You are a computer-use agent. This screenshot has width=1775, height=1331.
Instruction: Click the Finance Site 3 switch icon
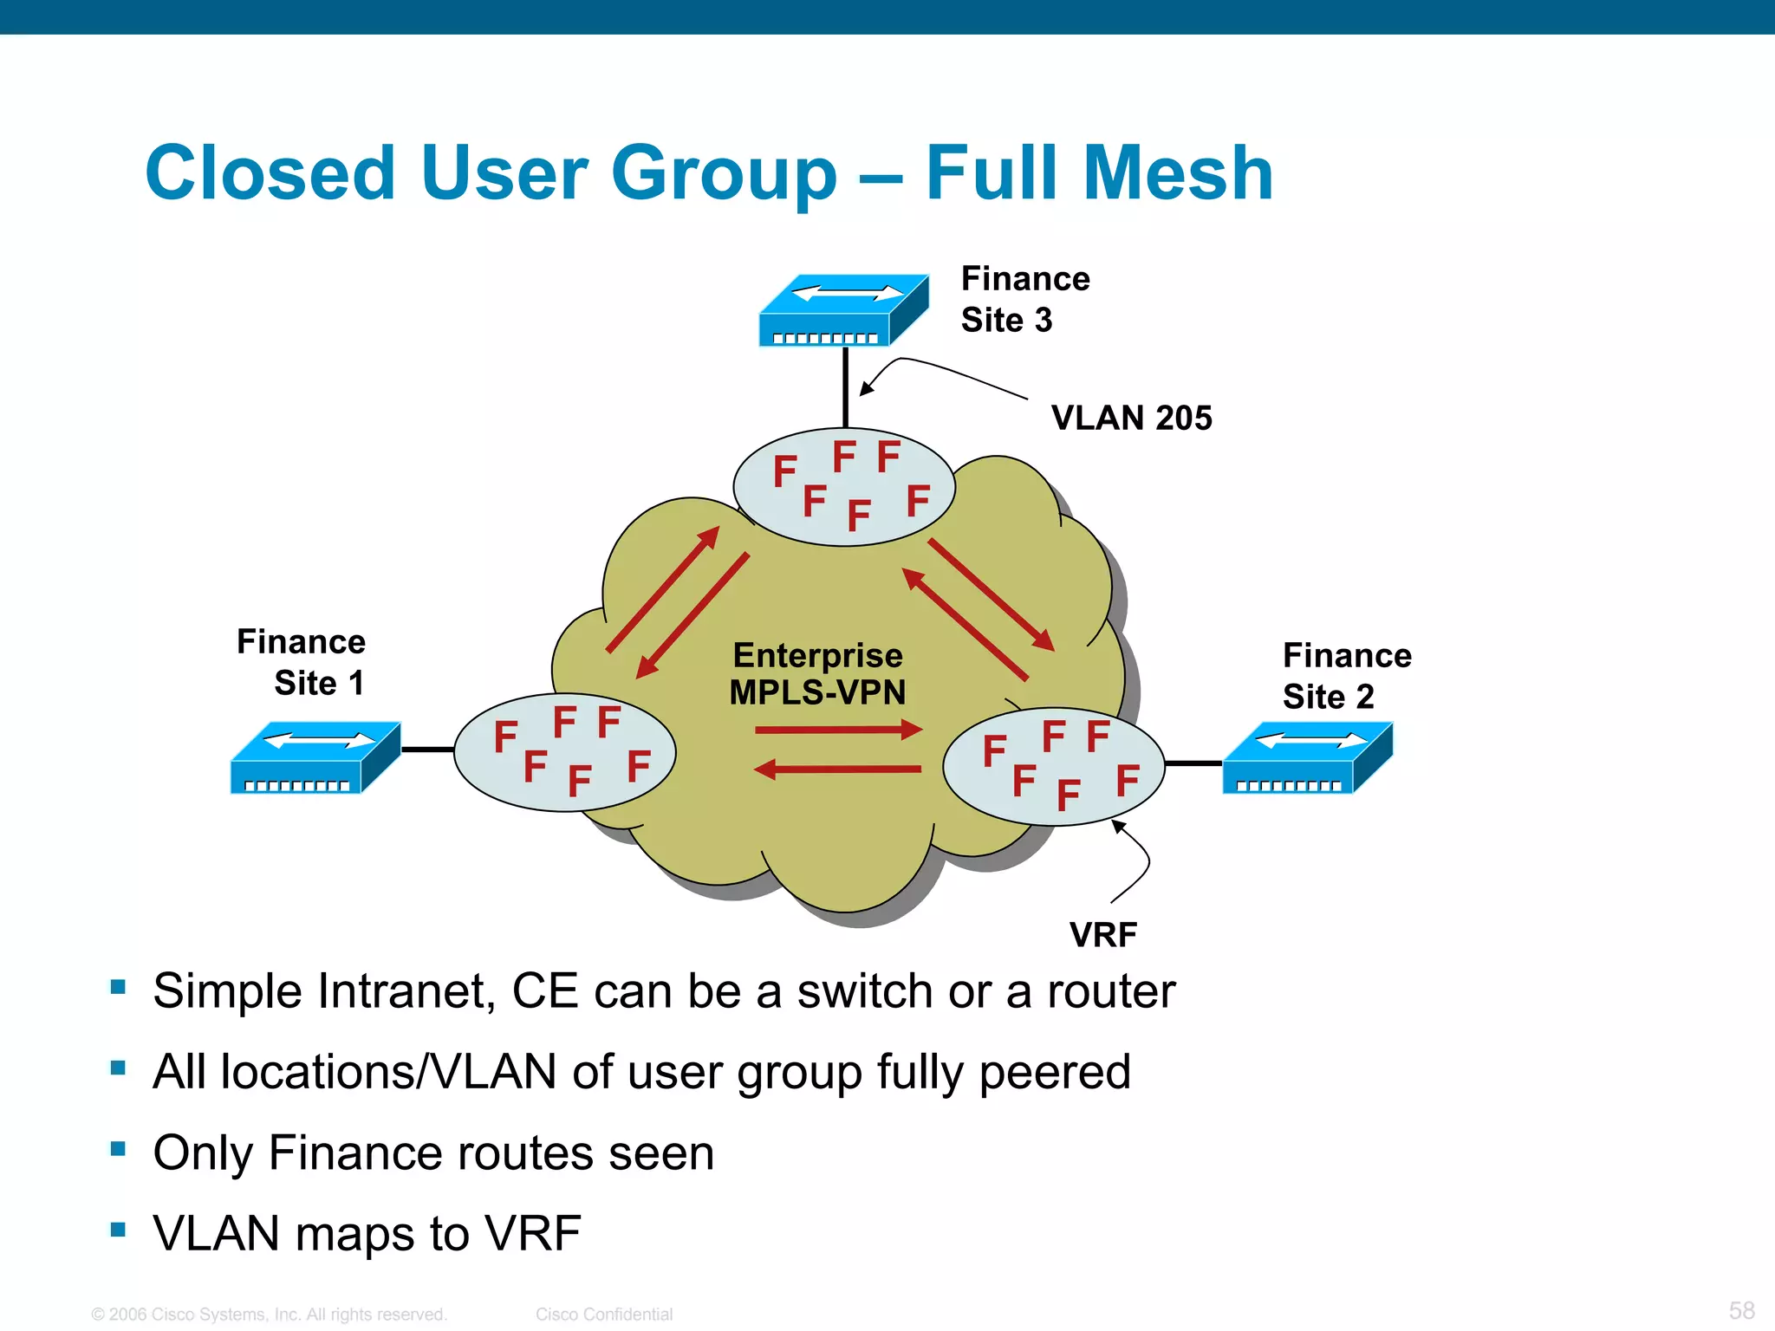click(842, 310)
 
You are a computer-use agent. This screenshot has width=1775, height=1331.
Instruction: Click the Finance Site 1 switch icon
click(315, 757)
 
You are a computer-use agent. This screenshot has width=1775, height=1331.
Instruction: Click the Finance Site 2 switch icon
click(1307, 757)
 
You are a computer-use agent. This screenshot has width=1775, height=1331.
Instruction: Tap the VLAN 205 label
click(1131, 418)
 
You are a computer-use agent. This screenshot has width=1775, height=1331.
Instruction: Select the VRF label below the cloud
click(1102, 934)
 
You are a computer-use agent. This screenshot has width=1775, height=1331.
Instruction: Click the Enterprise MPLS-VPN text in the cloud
click(817, 674)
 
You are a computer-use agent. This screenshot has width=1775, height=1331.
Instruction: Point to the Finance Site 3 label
click(1024, 299)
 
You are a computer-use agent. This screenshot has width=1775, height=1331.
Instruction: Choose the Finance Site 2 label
click(1346, 676)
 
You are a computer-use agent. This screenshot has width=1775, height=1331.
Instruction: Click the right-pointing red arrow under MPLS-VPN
click(837, 730)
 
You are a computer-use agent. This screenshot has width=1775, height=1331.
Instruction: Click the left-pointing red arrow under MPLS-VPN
click(837, 769)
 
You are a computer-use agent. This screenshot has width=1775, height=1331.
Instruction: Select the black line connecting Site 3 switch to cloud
click(845, 387)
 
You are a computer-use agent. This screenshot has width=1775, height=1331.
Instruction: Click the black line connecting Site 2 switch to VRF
click(1193, 763)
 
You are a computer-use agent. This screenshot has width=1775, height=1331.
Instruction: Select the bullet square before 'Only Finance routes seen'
click(119, 1149)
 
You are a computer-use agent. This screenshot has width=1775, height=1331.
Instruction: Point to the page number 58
click(1741, 1309)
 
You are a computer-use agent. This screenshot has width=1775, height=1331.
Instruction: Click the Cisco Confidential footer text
click(603, 1315)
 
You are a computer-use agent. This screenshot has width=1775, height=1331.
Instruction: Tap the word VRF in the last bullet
click(532, 1234)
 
